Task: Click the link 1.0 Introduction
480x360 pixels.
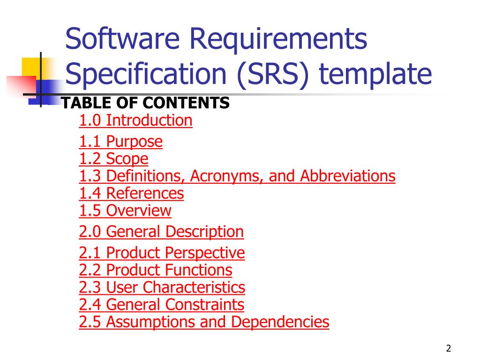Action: (135, 120)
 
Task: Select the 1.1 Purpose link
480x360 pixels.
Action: (120, 142)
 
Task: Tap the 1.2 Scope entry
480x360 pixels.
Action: (113, 159)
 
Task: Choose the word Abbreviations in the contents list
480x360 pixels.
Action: (348, 176)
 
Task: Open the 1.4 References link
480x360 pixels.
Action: (131, 194)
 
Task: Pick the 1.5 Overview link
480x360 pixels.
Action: (125, 210)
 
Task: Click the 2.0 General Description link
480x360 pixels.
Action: (161, 232)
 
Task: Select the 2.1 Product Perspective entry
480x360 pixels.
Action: (162, 253)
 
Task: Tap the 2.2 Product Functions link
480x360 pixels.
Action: (156, 270)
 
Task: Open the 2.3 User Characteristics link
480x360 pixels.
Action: (162, 287)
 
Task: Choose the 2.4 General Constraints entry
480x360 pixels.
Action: (162, 305)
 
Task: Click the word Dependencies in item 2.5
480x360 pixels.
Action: (280, 322)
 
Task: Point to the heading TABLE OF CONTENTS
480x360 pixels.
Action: (145, 103)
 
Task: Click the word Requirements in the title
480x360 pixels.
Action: (278, 39)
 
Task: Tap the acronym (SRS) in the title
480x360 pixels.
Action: (273, 74)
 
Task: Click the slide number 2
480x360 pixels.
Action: (449, 348)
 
